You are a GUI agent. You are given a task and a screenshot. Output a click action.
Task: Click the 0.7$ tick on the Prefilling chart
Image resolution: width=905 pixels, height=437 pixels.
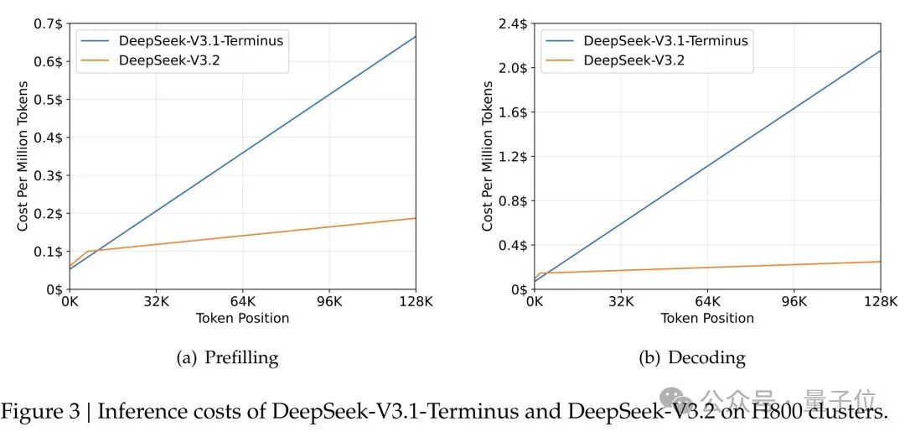pyautogui.click(x=49, y=23)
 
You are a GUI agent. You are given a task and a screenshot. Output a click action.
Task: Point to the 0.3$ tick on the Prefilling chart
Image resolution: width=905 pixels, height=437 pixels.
pyautogui.click(x=49, y=175)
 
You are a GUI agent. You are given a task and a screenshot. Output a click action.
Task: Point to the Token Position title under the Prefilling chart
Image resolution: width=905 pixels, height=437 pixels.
pyautogui.click(x=242, y=319)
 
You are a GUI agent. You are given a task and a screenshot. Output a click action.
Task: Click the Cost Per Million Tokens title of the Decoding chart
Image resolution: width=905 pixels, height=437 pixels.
pyautogui.click(x=488, y=156)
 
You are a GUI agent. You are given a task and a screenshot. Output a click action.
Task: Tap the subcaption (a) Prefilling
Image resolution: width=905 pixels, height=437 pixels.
pyautogui.click(x=227, y=358)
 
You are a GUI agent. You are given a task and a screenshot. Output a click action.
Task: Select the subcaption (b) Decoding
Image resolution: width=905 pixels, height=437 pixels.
pyautogui.click(x=692, y=358)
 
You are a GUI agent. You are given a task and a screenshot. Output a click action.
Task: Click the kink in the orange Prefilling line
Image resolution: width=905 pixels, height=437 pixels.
pyautogui.click(x=87, y=251)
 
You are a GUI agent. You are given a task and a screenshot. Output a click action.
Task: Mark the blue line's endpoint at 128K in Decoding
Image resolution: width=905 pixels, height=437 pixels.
pyautogui.click(x=881, y=50)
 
